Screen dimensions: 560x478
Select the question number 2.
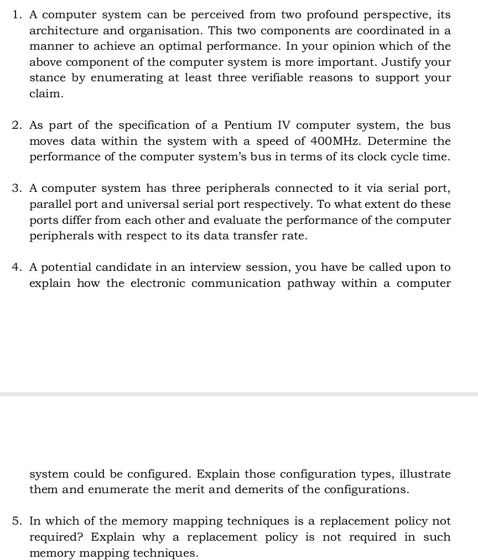[16, 125]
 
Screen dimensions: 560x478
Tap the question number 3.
[16, 189]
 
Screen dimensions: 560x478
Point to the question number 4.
[16, 268]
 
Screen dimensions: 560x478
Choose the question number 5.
[16, 521]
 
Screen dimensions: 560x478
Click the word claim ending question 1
[46, 94]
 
